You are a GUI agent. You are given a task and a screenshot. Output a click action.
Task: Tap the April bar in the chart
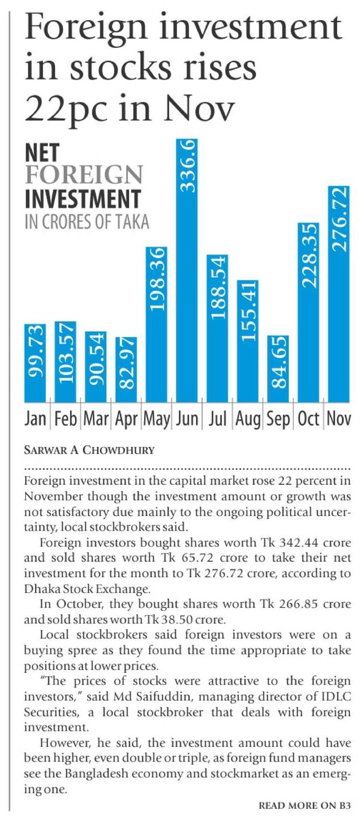[126, 370]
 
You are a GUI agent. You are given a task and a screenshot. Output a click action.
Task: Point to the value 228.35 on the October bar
[308, 256]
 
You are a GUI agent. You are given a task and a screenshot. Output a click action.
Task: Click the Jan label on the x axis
[36, 419]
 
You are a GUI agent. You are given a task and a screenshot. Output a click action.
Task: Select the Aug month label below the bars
[248, 419]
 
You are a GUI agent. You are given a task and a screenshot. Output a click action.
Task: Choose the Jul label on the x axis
[218, 419]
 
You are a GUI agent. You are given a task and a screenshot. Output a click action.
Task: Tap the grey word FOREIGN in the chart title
[83, 176]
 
